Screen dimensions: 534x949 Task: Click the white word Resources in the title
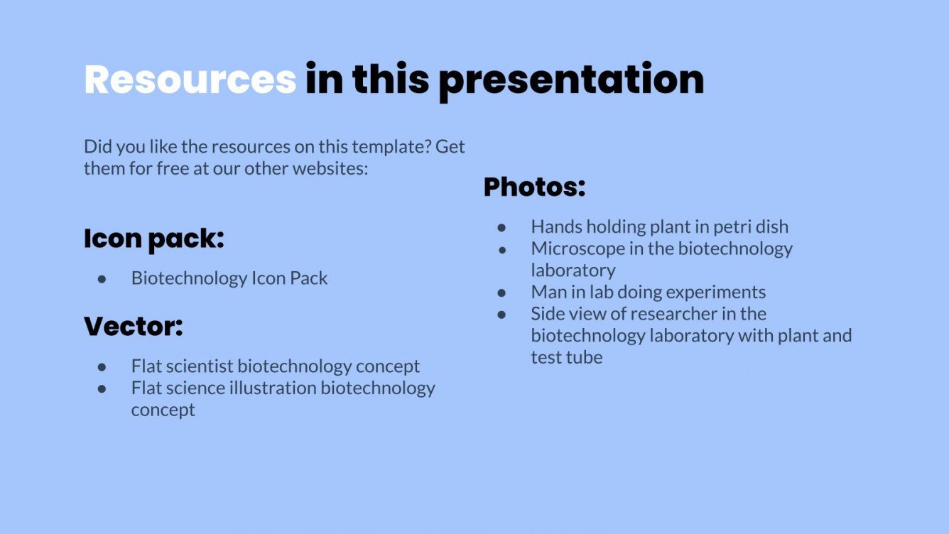tap(190, 79)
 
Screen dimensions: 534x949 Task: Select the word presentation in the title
tap(571, 79)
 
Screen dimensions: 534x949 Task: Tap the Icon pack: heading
tap(154, 239)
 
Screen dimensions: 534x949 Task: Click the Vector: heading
tap(134, 327)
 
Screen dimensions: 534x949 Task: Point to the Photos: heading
tap(534, 187)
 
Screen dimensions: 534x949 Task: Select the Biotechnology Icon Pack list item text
tap(229, 278)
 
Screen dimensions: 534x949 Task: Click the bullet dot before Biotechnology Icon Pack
tap(102, 279)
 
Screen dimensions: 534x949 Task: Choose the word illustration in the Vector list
tap(276, 388)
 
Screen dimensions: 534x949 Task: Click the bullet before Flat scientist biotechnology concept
tap(102, 367)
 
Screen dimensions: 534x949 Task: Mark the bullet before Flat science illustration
tap(102, 389)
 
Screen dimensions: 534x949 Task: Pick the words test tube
tap(566, 357)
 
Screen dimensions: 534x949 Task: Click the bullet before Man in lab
tap(502, 293)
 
